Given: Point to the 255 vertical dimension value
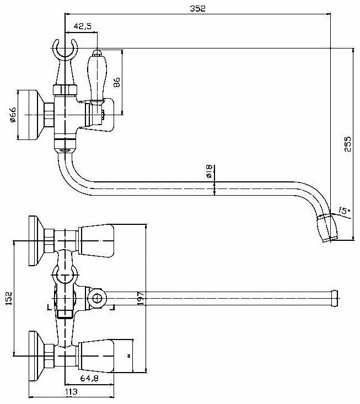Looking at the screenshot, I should [347, 145].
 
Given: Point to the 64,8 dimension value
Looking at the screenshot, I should [89, 379].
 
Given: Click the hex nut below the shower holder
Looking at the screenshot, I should [64, 90].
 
